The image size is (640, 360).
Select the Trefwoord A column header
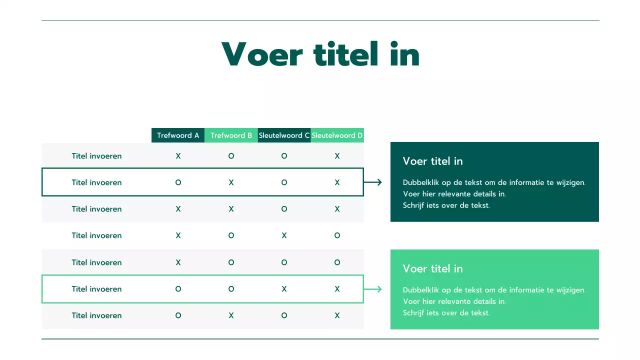click(178, 135)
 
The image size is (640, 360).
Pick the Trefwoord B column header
click(231, 135)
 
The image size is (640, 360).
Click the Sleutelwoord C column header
click(284, 135)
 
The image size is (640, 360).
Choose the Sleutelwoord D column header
click(337, 135)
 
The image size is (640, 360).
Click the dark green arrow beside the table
click(373, 182)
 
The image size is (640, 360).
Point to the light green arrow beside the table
click(373, 289)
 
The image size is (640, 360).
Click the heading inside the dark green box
click(432, 161)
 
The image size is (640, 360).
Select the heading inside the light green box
click(432, 269)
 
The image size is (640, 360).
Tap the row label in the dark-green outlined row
click(96, 182)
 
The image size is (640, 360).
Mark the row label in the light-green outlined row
click(96, 289)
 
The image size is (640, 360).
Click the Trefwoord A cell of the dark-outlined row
click(178, 182)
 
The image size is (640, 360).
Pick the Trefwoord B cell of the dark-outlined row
click(231, 182)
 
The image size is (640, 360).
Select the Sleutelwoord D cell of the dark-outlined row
click(337, 182)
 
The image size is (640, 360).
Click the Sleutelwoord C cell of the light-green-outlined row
click(284, 289)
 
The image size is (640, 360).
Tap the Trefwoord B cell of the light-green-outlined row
click(231, 289)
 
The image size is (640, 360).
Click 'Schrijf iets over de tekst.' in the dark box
click(446, 205)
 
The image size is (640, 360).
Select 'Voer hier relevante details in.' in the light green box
click(454, 301)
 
